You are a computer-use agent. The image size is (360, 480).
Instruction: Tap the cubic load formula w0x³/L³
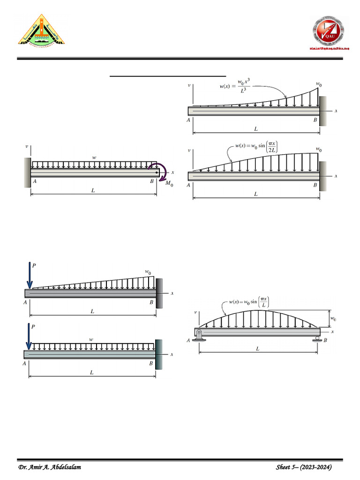tap(236, 87)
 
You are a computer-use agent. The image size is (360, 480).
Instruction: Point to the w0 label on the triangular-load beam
tap(148, 271)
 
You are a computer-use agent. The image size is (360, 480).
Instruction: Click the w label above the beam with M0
tap(94, 158)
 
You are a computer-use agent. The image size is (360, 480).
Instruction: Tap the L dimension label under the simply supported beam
tap(257, 349)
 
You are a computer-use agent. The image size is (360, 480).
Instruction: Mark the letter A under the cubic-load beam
tap(188, 120)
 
